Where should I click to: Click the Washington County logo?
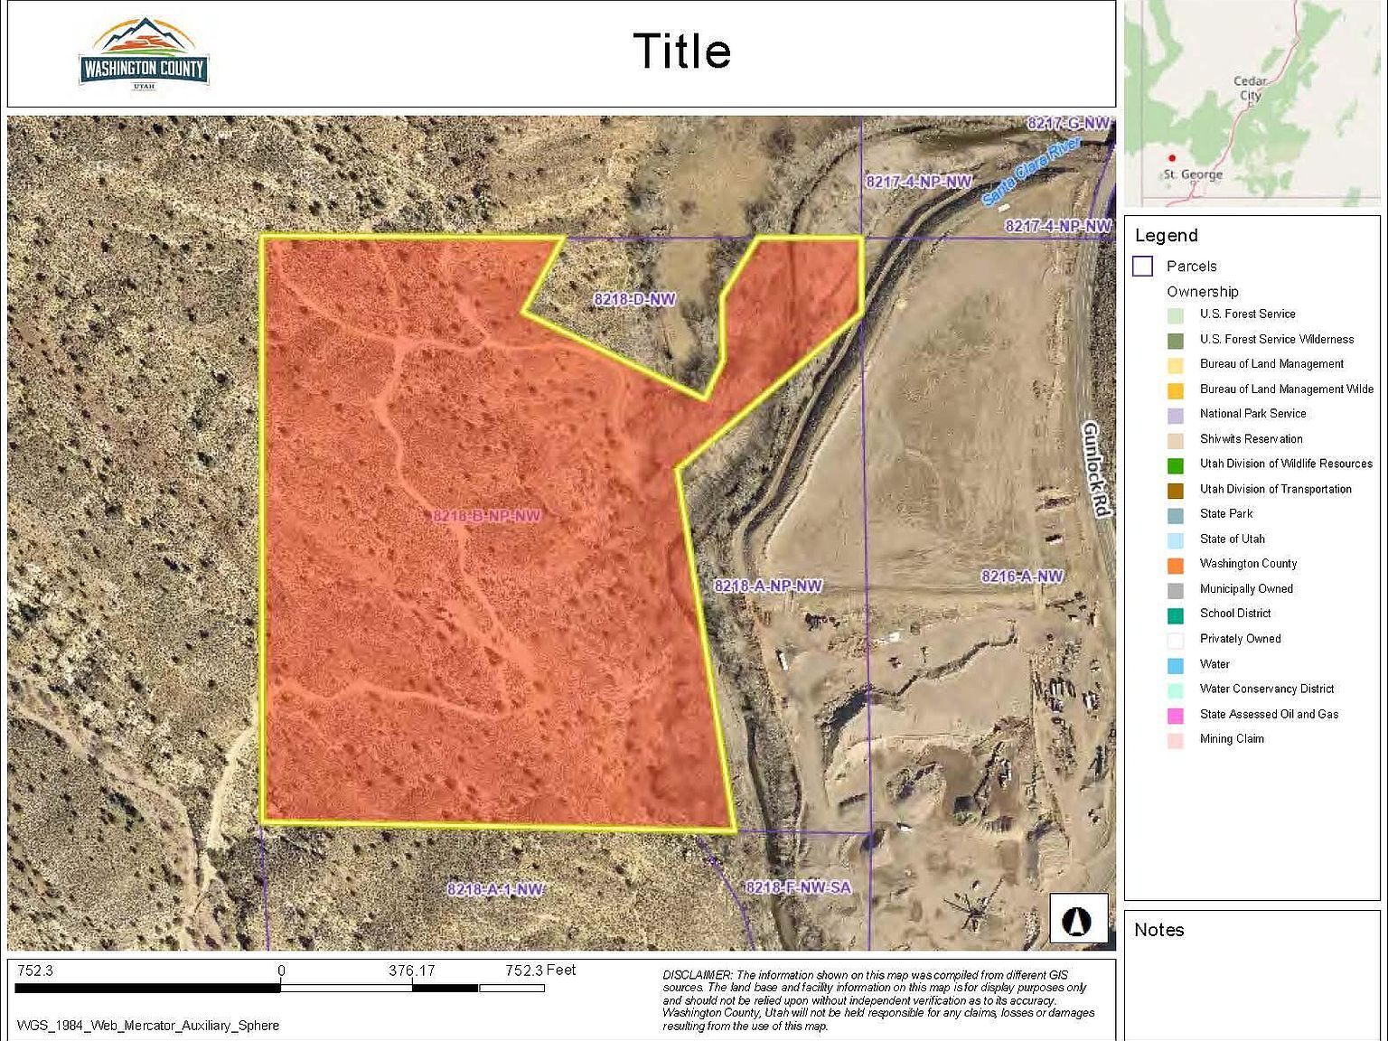click(x=145, y=54)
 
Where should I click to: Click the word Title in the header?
click(x=681, y=52)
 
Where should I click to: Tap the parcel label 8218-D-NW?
click(x=634, y=299)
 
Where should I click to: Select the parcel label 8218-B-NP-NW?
click(x=487, y=516)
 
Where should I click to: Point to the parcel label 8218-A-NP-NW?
click(x=768, y=586)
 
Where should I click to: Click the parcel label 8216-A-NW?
click(x=1022, y=577)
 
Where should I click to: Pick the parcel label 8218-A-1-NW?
click(x=495, y=889)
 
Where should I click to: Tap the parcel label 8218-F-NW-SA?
click(x=798, y=887)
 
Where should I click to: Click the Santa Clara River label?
click(x=1031, y=170)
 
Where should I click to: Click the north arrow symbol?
click(x=1078, y=921)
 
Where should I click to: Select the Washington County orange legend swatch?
click(x=1175, y=565)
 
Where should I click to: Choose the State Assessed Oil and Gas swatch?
click(x=1175, y=716)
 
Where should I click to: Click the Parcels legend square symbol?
click(x=1143, y=267)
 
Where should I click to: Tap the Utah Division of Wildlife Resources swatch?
click(x=1175, y=465)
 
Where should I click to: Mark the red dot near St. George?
click(x=1172, y=158)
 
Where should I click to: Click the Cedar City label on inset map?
click(x=1250, y=88)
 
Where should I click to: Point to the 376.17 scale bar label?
click(x=412, y=971)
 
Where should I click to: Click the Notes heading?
click(x=1158, y=930)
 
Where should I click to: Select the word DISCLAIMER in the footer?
click(x=697, y=975)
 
